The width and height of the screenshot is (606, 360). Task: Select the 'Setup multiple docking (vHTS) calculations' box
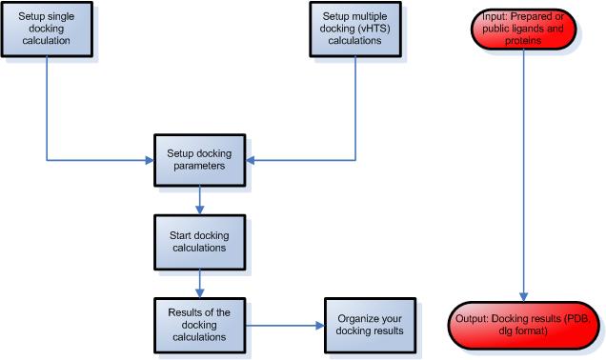point(354,29)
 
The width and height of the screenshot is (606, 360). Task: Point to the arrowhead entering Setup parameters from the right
point(252,158)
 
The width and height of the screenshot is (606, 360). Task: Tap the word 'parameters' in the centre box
point(200,164)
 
